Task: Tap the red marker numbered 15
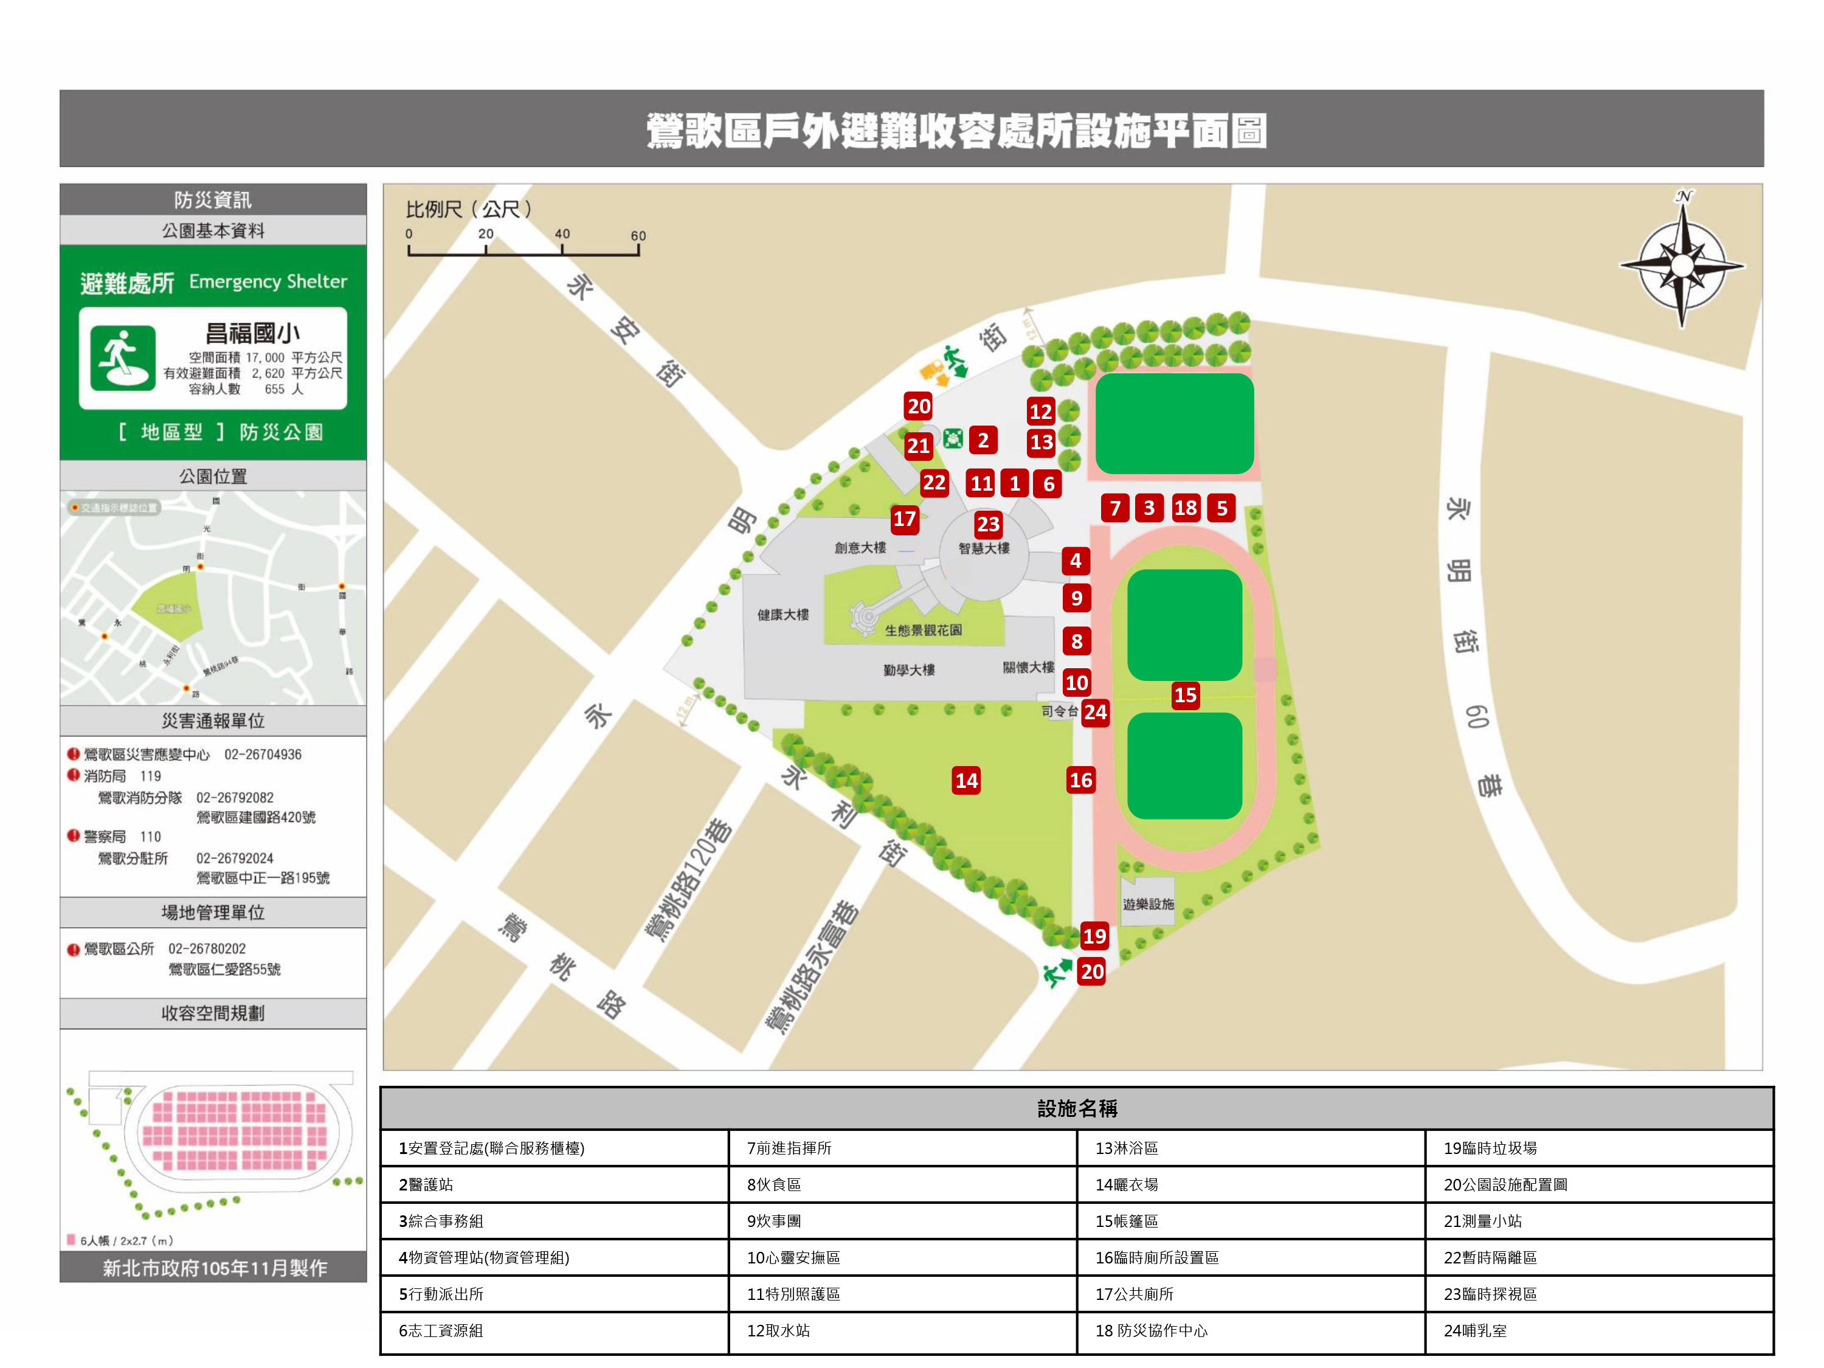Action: coord(1185,695)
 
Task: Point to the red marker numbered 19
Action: coord(1094,936)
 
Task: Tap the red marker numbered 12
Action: coord(1041,412)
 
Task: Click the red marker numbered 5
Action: coord(1221,508)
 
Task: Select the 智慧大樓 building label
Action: coord(984,548)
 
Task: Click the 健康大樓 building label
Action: coord(782,614)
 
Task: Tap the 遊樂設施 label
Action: coord(1148,905)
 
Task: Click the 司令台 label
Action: coord(1059,711)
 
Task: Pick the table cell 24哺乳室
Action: coord(1598,1330)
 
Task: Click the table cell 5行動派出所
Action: coord(554,1294)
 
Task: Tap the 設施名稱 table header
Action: coord(1076,1108)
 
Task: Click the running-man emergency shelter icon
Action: coord(123,358)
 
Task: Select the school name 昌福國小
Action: coord(252,333)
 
